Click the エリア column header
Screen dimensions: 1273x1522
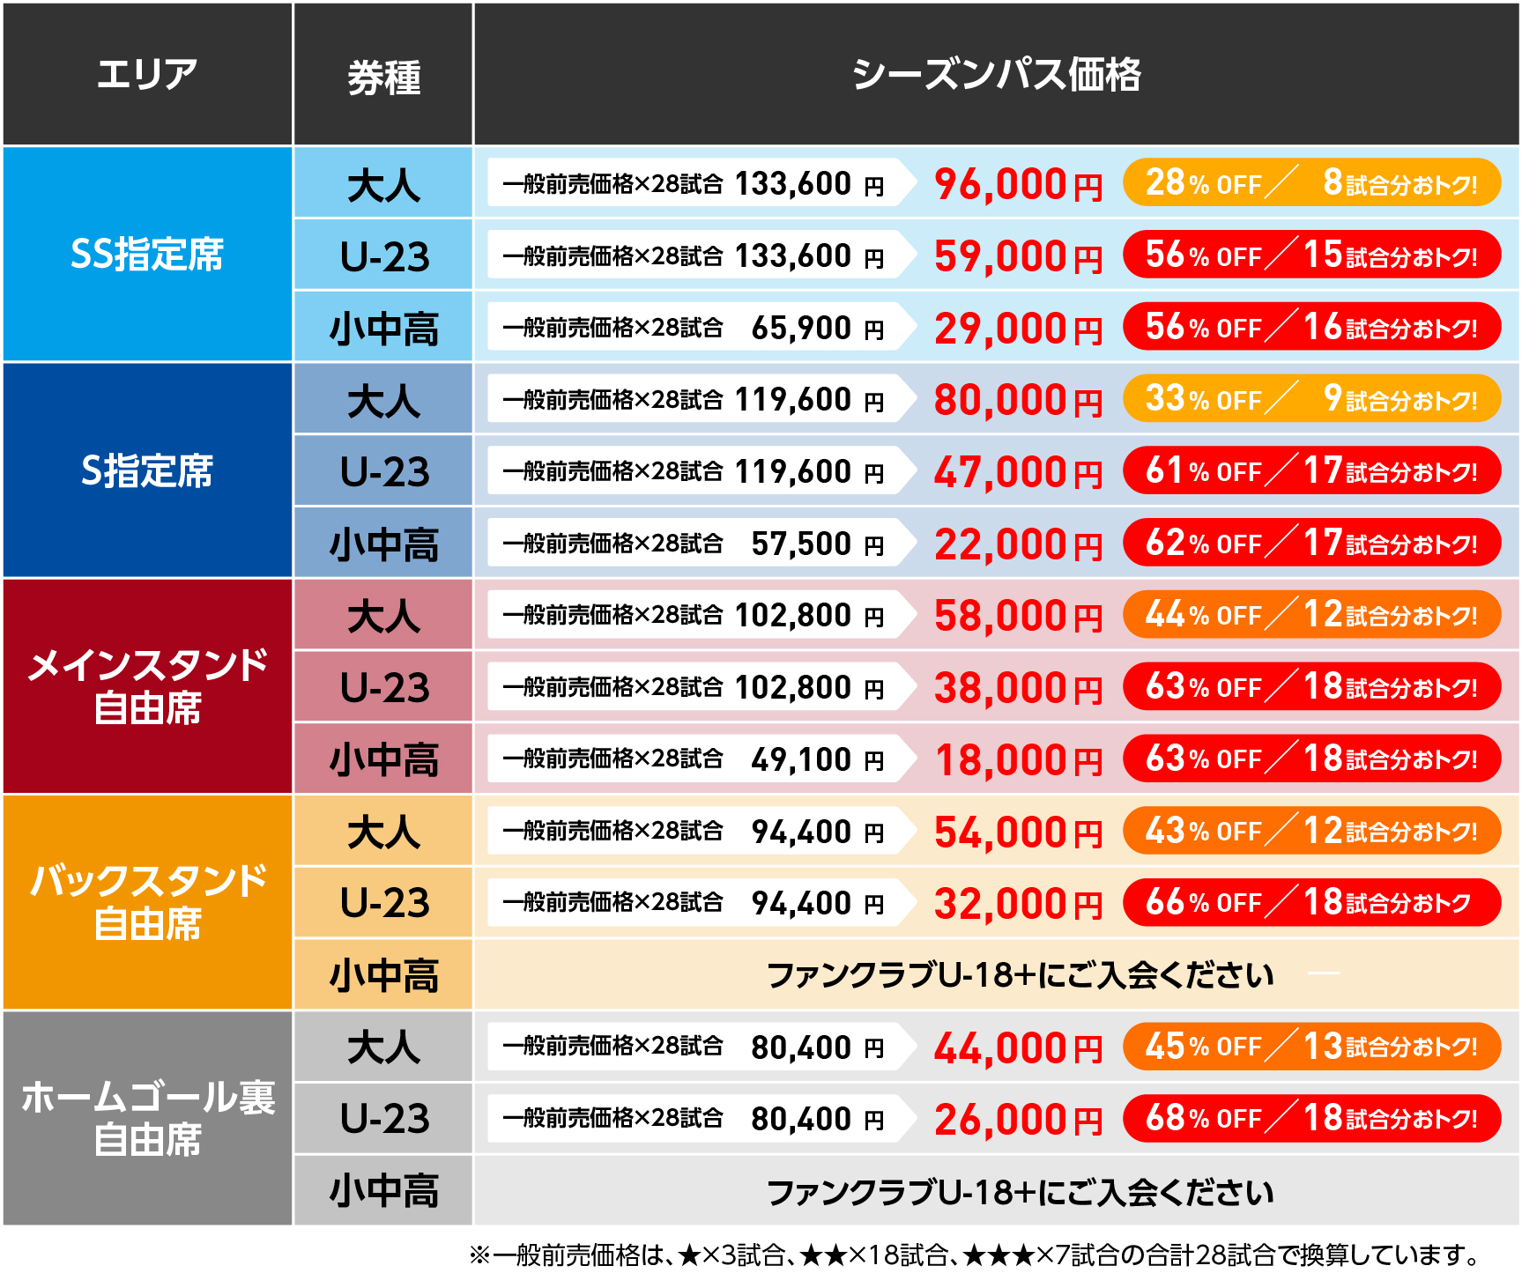147,74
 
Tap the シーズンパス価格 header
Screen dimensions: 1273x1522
996,74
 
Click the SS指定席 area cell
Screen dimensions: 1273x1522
147,255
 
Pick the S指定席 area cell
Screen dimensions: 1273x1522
147,470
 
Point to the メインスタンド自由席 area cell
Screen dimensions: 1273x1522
147,686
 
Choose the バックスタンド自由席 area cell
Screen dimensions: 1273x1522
147,902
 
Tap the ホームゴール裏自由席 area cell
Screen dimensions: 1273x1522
147,1118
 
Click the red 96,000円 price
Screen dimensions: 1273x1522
1018,185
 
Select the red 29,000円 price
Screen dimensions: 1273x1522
1018,329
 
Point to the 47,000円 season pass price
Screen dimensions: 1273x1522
1018,472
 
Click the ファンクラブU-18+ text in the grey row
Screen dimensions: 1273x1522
1020,1192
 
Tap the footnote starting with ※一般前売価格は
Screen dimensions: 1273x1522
974,1254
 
